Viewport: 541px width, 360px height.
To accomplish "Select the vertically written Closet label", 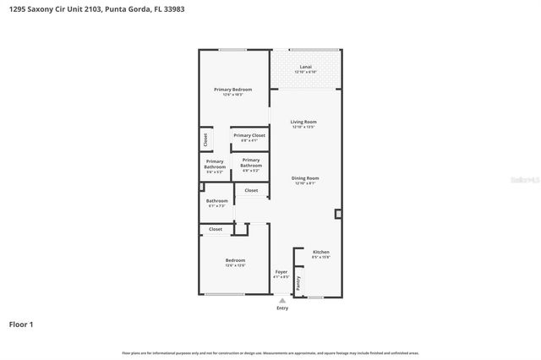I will coord(205,139).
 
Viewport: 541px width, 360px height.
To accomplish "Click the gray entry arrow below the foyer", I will coord(281,299).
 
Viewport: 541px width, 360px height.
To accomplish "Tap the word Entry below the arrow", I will coord(281,308).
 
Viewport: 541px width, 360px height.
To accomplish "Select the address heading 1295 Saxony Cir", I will coord(93,8).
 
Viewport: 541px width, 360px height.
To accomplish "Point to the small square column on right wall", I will coord(338,215).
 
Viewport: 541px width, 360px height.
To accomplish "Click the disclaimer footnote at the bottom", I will coord(270,352).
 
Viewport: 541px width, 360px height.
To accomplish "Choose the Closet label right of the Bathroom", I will coord(251,191).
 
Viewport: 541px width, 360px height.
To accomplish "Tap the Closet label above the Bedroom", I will coord(216,229).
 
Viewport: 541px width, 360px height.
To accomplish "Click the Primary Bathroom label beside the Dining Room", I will coord(250,164).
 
